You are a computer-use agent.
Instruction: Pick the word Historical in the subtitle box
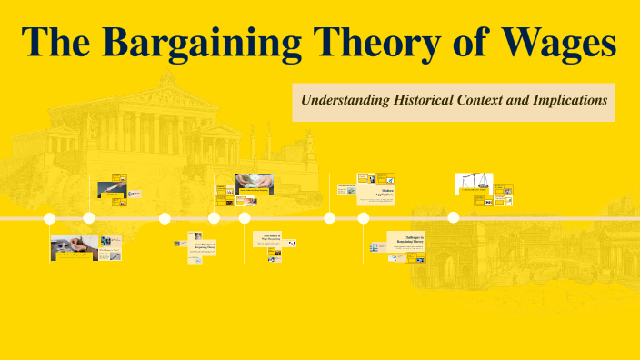tap(423, 101)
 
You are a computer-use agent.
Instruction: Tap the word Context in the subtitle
tap(488, 101)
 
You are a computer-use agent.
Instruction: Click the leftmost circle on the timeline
tap(50, 218)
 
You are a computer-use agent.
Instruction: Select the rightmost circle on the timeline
tap(453, 218)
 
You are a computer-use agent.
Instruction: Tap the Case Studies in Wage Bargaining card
tap(273, 238)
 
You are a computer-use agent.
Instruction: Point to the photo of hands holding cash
tap(254, 184)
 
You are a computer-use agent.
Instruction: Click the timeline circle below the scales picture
tap(453, 218)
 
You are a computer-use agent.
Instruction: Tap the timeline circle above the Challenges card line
tap(364, 218)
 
